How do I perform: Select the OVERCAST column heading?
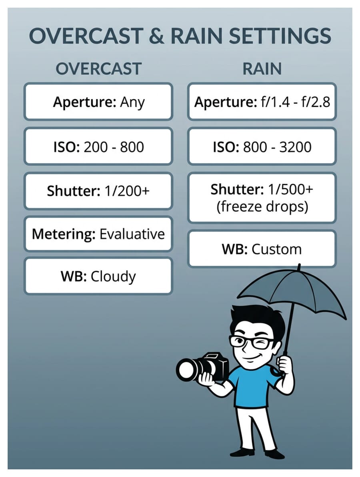[x=98, y=69]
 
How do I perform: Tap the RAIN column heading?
[x=262, y=69]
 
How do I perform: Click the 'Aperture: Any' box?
[x=98, y=102]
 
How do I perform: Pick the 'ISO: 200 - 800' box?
[x=98, y=146]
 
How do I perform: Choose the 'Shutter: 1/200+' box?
[x=98, y=191]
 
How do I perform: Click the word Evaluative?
[x=132, y=234]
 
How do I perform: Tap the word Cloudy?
[x=113, y=277]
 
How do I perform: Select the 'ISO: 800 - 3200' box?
[x=262, y=146]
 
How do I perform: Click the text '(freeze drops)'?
[x=262, y=206]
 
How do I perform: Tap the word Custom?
[x=276, y=249]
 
